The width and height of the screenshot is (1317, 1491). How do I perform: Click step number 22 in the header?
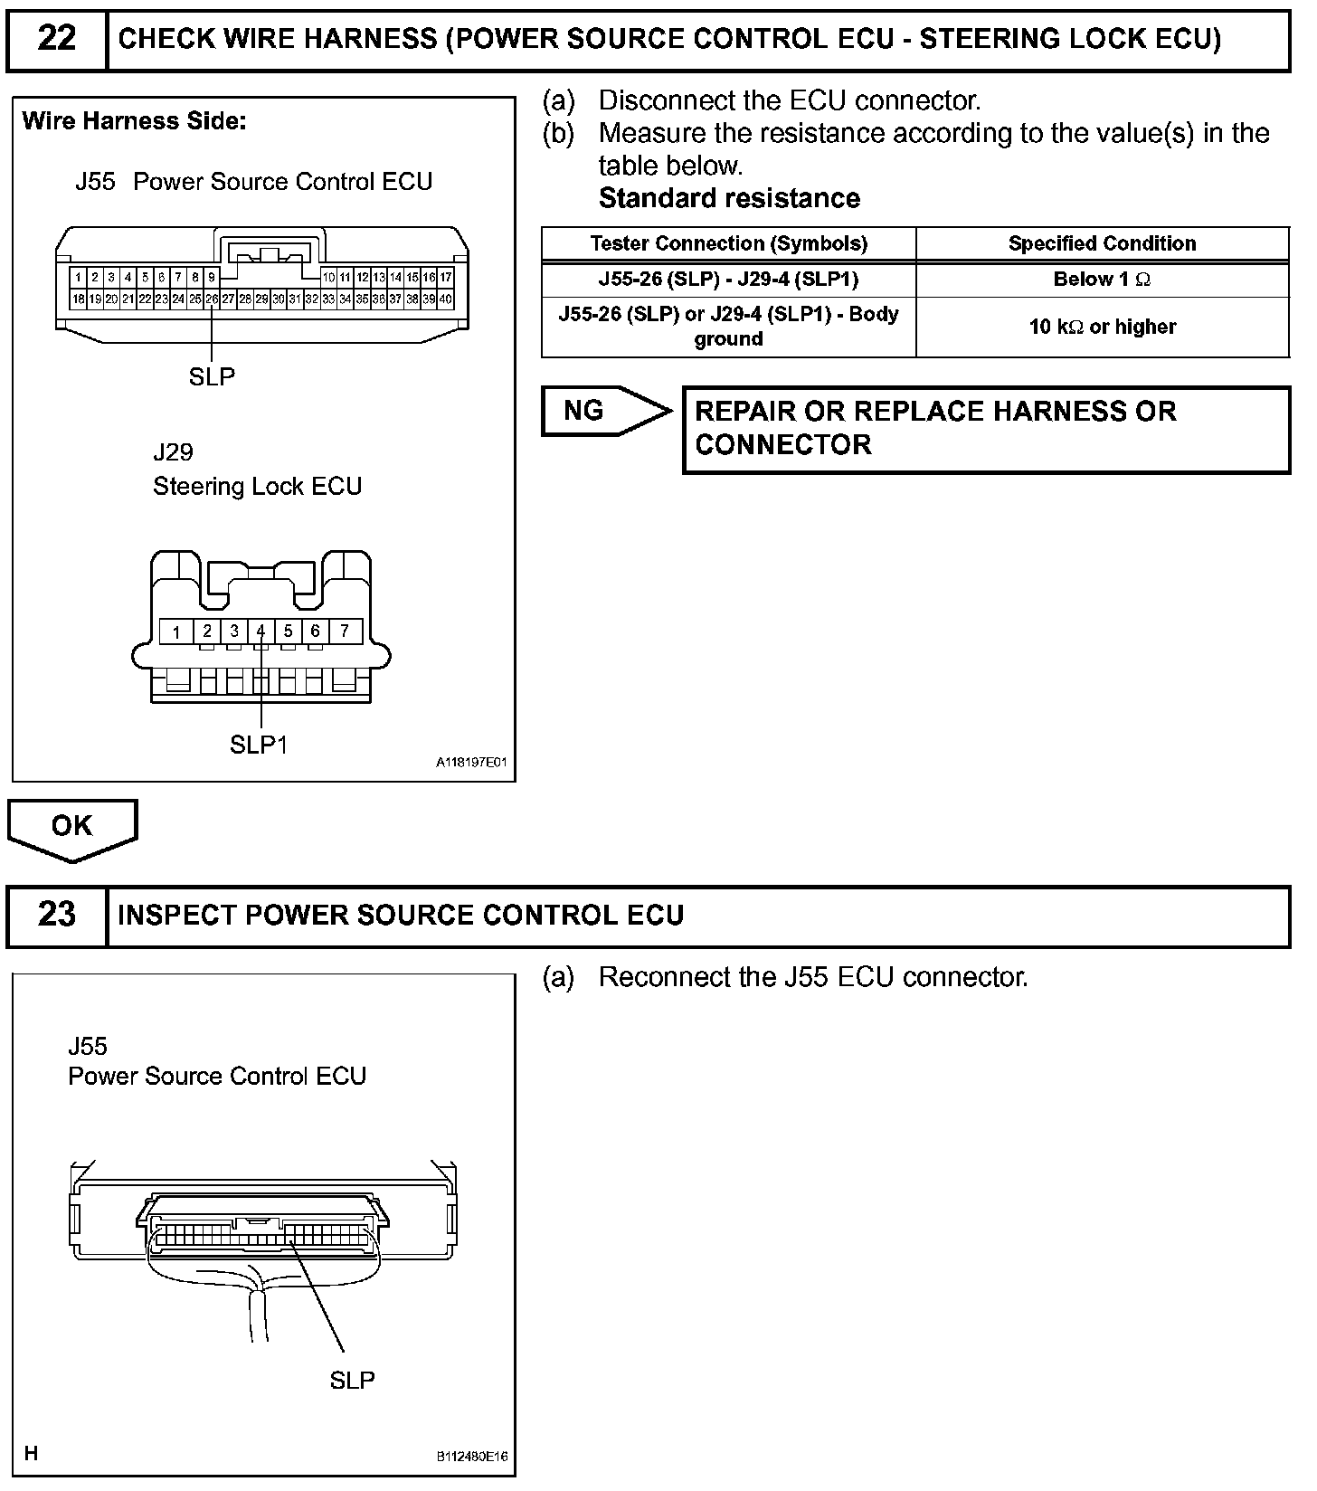pos(56,39)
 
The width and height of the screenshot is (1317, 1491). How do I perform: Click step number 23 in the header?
pos(56,915)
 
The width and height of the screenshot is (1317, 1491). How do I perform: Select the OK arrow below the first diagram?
pos(72,827)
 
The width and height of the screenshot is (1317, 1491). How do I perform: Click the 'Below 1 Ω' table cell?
pos(1102,280)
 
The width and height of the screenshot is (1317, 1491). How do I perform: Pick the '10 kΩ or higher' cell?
pos(1102,327)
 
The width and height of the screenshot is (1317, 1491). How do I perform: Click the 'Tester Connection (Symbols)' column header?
pos(728,243)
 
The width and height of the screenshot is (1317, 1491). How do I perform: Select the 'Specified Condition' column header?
pos(1102,243)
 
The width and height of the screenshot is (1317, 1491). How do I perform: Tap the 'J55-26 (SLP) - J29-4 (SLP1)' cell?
pos(728,280)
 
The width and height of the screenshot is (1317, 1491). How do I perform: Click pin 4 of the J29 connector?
pos(261,631)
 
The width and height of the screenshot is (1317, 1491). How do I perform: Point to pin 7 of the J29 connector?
pos(345,631)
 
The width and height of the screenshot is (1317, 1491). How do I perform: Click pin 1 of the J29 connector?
pos(177,632)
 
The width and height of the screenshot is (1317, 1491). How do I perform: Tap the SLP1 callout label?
pos(259,745)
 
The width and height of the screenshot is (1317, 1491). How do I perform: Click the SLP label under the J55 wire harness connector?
pos(212,376)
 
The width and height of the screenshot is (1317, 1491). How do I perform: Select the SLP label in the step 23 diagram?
pos(352,1380)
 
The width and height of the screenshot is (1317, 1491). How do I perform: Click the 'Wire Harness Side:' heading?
pos(134,121)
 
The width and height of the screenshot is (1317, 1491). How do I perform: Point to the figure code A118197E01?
pos(471,763)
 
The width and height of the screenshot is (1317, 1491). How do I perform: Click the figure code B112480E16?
pos(471,1458)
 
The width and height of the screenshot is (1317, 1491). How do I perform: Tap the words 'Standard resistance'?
pos(729,198)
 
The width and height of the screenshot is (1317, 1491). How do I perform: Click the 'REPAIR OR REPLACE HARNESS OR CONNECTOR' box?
pos(986,429)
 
